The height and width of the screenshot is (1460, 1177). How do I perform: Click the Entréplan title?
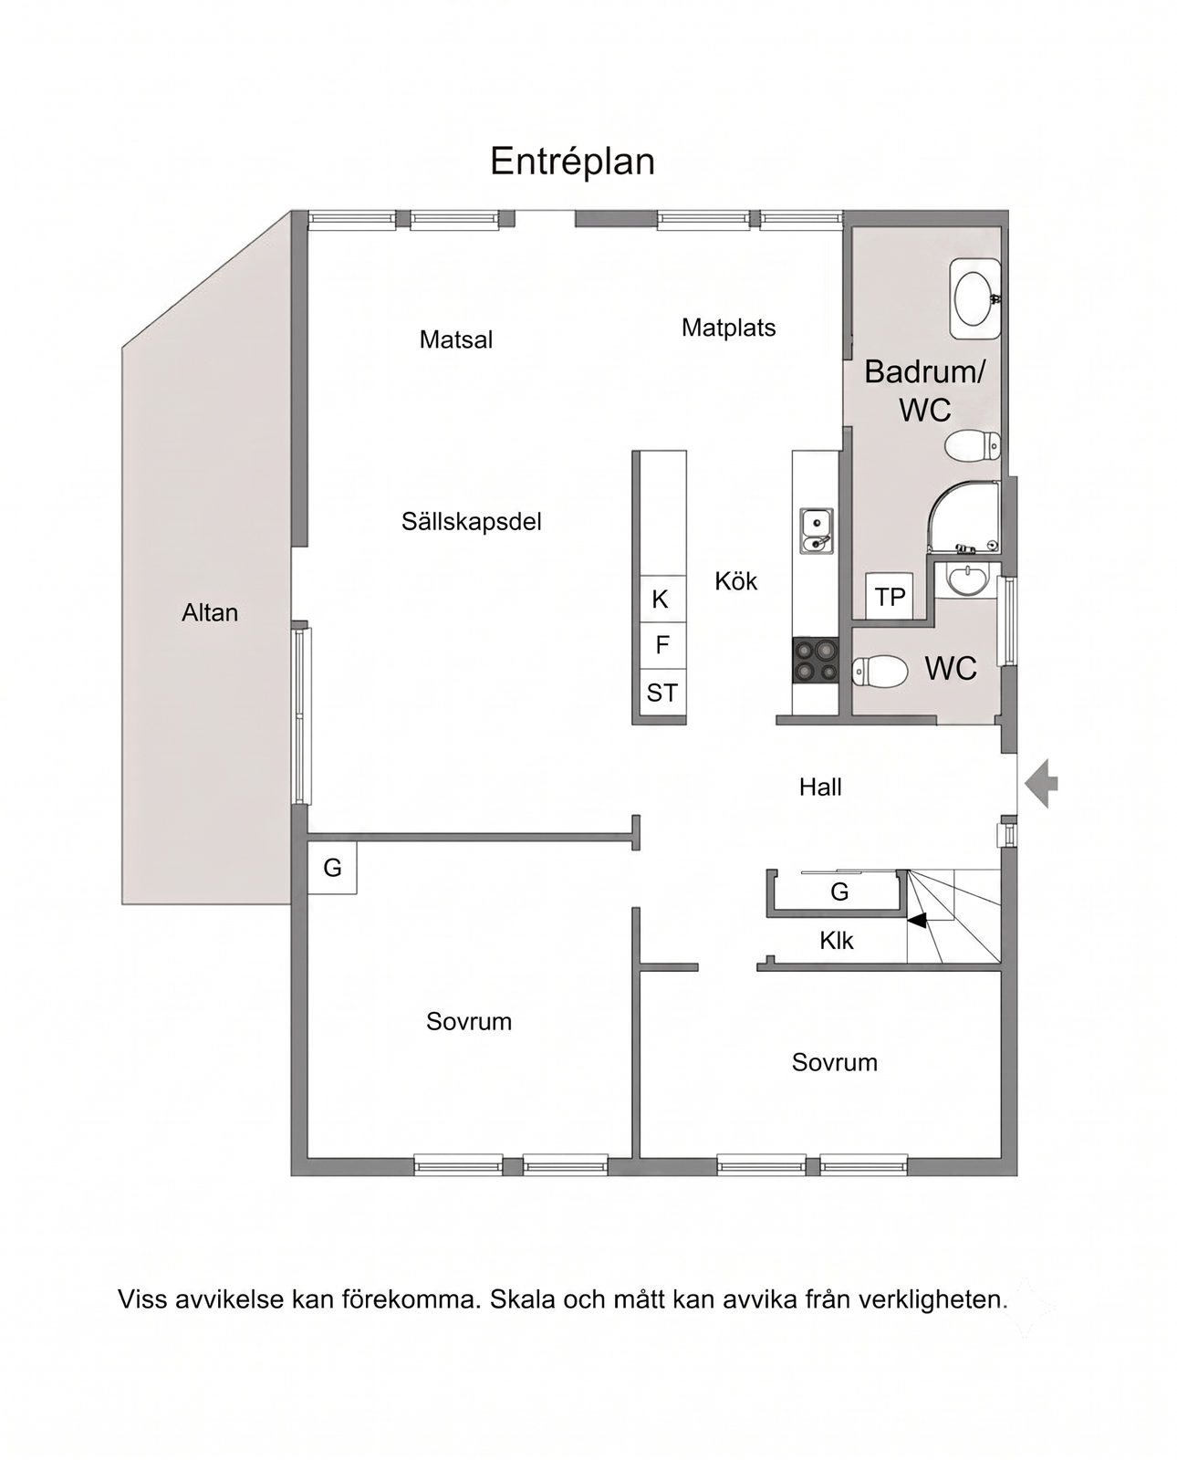point(572,162)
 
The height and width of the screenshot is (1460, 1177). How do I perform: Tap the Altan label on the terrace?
point(210,612)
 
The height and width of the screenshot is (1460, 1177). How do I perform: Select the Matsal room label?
point(456,339)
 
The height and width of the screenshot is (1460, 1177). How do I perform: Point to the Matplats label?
point(729,328)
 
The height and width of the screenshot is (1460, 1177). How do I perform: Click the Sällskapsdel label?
point(472,522)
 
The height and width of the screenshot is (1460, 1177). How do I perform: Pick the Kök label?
point(735,580)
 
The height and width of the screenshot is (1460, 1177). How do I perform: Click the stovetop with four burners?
point(816,660)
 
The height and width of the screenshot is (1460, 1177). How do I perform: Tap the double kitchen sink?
point(816,531)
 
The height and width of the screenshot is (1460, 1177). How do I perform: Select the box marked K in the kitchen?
point(662,600)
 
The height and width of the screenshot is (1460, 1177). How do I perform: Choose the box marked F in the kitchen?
point(662,645)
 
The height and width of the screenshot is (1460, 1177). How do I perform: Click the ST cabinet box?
point(662,693)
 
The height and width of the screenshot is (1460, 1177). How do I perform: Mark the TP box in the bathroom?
point(889,597)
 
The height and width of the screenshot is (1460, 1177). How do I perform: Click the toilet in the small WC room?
point(880,672)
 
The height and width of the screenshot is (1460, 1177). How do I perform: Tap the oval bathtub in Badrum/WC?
point(974,298)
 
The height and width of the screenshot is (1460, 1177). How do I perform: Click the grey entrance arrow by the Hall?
point(1041,784)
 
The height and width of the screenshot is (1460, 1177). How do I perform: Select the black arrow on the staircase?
point(917,921)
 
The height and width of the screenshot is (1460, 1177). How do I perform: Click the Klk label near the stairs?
point(836,940)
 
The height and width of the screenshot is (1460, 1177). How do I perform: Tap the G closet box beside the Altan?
point(332,868)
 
